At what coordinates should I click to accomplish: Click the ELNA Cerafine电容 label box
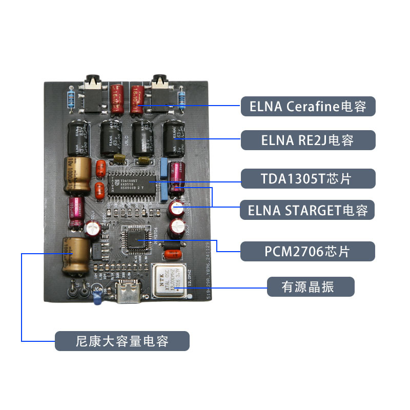(x=308, y=107)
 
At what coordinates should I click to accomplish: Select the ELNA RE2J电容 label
(x=308, y=140)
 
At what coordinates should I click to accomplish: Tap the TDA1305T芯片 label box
(x=308, y=178)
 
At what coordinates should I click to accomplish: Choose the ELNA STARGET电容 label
(x=308, y=210)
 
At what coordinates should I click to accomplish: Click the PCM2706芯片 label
(x=308, y=252)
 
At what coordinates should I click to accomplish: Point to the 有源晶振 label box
(x=311, y=286)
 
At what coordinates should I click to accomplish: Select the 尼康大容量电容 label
(x=122, y=340)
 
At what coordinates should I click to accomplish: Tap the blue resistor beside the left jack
(x=70, y=99)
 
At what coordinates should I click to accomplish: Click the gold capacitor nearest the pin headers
(x=74, y=255)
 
